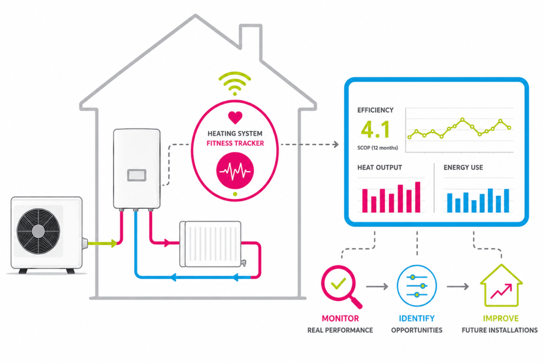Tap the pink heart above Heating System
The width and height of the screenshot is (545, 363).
coord(235,117)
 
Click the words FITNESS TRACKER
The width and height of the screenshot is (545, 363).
coord(235,143)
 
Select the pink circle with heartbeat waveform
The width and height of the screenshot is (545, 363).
coord(235,171)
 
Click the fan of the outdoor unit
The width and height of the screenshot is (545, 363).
coord(38,231)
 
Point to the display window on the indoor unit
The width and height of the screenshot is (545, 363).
coord(137,175)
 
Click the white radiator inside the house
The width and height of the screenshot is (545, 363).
coord(211,244)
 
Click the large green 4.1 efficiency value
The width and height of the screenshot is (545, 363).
coord(375,130)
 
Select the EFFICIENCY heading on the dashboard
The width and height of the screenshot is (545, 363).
coord(375,110)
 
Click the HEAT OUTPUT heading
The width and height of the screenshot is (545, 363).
coord(379,167)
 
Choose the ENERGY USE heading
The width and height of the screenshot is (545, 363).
coord(464,167)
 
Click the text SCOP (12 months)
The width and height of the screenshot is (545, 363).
coord(377,148)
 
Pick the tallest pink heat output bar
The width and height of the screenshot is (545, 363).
coord(418,197)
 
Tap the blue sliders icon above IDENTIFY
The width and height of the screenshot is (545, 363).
coord(417,285)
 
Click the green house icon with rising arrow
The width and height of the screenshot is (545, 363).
coord(501,285)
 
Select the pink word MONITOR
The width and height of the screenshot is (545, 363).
coord(340,318)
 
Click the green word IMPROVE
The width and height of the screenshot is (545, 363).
coord(501,318)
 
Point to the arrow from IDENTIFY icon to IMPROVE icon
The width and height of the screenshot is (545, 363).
coord(458,286)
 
